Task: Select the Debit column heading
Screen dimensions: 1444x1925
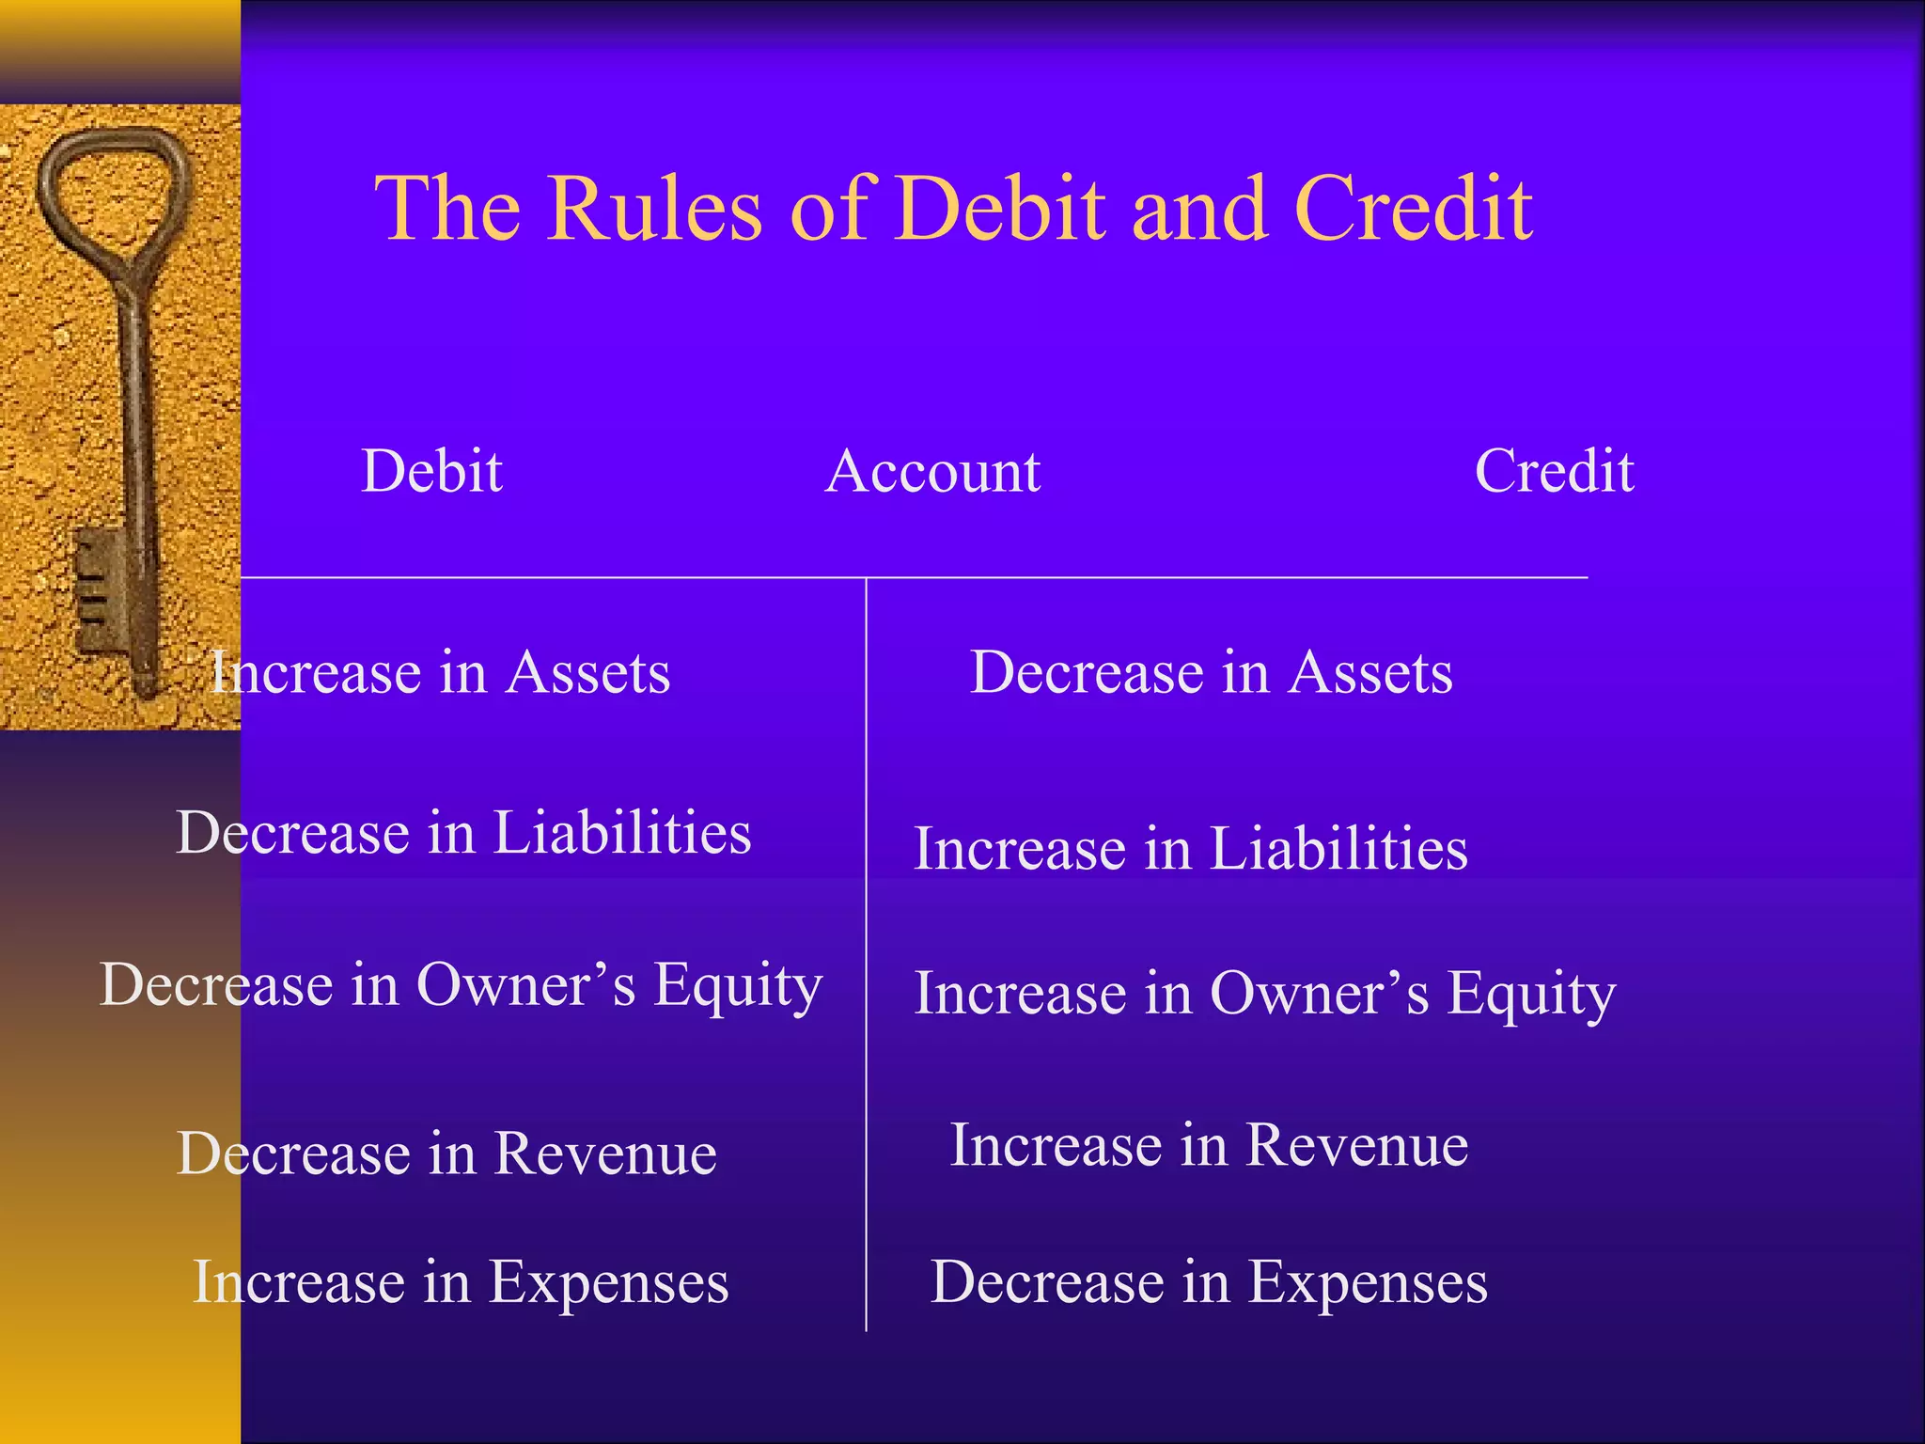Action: coord(431,471)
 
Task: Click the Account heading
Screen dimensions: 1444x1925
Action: coord(932,471)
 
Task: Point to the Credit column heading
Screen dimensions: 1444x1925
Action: coord(1554,471)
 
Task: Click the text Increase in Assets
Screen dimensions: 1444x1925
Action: coord(440,673)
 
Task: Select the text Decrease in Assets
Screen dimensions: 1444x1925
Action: coord(1211,673)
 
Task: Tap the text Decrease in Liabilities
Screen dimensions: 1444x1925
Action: coord(463,833)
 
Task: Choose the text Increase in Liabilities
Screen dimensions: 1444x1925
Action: coord(1190,849)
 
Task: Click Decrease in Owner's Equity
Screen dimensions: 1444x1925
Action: coord(461,986)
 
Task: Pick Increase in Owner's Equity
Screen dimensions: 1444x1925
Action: coord(1264,995)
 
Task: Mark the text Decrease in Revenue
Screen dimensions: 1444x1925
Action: coord(446,1154)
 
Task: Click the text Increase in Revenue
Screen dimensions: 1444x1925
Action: coord(1209,1146)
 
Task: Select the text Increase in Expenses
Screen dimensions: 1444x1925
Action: coord(461,1282)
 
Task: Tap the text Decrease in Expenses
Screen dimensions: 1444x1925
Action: coord(1209,1282)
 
